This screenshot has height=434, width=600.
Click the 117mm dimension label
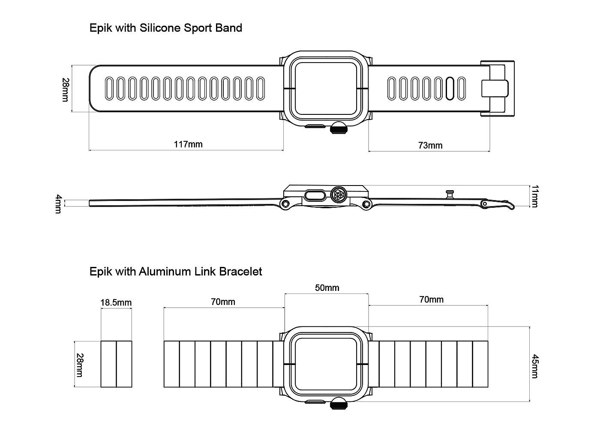(188, 144)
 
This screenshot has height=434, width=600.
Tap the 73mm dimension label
(430, 146)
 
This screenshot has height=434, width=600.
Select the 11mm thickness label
(534, 196)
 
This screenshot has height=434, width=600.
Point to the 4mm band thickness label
(59, 204)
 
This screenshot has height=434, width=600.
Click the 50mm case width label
(327, 288)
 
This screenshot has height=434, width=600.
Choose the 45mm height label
(534, 366)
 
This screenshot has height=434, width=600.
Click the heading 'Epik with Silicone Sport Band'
(166, 28)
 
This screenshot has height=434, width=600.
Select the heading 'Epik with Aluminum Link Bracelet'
(176, 272)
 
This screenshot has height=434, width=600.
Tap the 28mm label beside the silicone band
(65, 90)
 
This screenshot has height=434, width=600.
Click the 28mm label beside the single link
(79, 365)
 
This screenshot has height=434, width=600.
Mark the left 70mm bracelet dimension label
(223, 302)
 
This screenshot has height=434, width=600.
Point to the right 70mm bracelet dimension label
(431, 299)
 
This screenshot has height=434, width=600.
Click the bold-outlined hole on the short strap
(450, 89)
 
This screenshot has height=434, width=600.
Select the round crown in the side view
(339, 195)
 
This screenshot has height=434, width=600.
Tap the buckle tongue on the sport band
(495, 89)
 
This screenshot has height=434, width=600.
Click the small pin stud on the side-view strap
(450, 194)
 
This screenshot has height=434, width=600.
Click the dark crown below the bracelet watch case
(339, 404)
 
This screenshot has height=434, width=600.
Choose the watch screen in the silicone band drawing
(327, 89)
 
